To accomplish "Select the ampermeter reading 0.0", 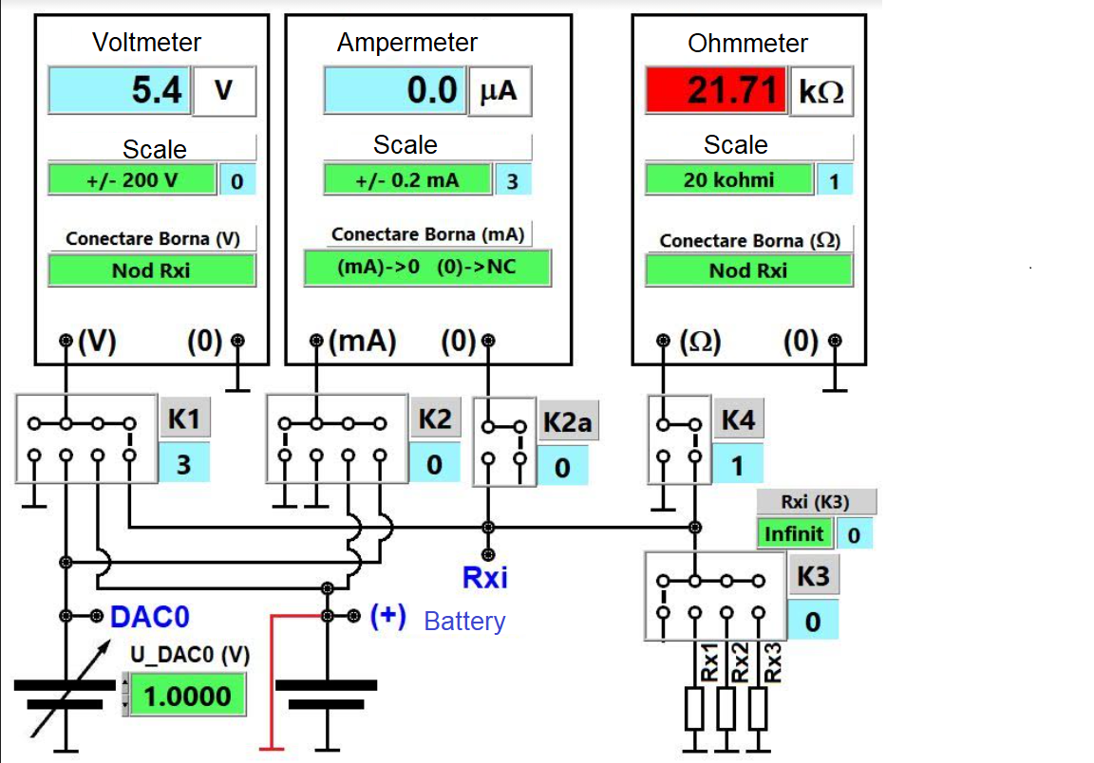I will tap(394, 91).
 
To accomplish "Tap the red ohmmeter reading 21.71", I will tap(716, 91).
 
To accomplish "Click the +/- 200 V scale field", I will tap(132, 180).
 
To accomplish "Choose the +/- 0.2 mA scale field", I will tap(406, 180).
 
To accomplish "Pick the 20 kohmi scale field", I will tap(728, 179).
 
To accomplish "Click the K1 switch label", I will tap(184, 419).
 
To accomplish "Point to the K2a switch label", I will tap(567, 422).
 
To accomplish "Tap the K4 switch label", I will tap(738, 419).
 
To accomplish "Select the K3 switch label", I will tap(812, 576).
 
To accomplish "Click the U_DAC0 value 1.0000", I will tap(187, 697).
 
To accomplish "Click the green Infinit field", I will tap(794, 533).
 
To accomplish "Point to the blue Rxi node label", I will tap(485, 576).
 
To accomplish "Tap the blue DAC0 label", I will tap(150, 617).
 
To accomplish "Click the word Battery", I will tap(464, 622).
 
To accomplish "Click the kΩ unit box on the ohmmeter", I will tap(821, 92).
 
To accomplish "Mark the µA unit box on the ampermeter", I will tap(499, 92).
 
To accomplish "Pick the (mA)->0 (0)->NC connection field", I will tap(426, 267).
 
